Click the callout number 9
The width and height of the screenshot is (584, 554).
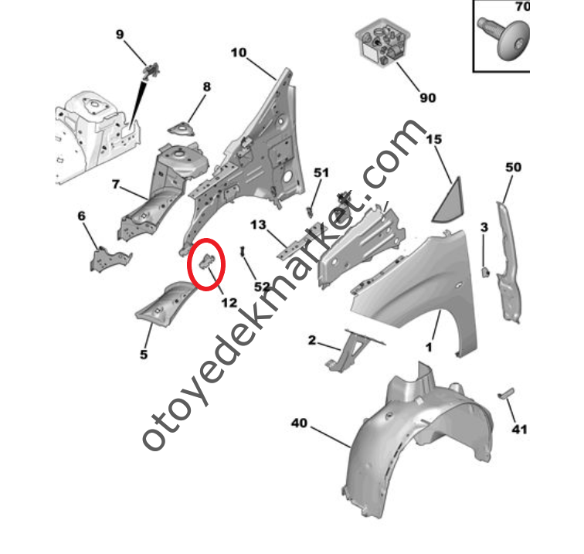pyautogui.click(x=120, y=35)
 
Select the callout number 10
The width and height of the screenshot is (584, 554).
pyautogui.click(x=239, y=53)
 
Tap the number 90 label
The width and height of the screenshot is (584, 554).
pyautogui.click(x=428, y=98)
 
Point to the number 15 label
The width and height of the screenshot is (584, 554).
pyautogui.click(x=434, y=139)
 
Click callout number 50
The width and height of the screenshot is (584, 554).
pyautogui.click(x=513, y=167)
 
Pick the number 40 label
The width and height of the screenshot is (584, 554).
pyautogui.click(x=300, y=423)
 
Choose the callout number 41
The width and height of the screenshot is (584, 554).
pyautogui.click(x=520, y=430)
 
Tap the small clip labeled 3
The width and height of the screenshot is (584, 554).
pyautogui.click(x=485, y=272)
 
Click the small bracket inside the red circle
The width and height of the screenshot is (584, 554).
pyautogui.click(x=207, y=261)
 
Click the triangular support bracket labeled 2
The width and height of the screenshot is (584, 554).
pyautogui.click(x=352, y=350)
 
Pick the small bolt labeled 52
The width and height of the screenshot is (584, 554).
pyautogui.click(x=243, y=251)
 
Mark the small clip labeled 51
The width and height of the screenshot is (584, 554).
pyautogui.click(x=310, y=212)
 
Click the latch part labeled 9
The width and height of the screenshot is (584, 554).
pyautogui.click(x=152, y=71)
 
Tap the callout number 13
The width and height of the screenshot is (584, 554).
pyautogui.click(x=258, y=225)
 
